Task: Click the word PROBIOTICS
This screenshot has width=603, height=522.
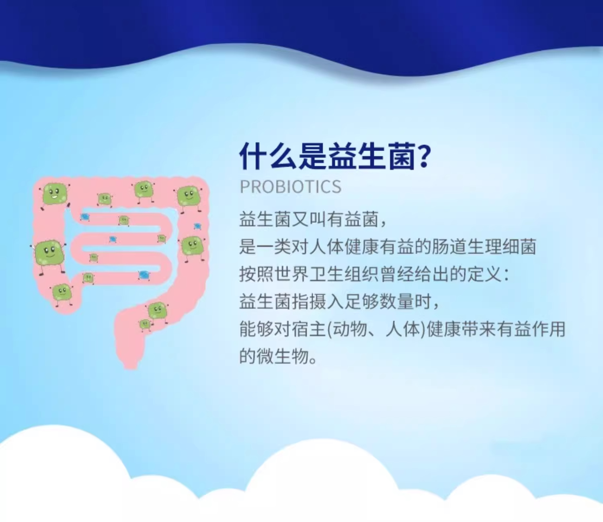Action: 290,187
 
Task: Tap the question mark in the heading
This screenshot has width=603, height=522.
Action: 423,156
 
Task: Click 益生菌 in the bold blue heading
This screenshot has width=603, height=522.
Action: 371,156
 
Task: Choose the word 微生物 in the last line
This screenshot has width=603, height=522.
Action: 283,356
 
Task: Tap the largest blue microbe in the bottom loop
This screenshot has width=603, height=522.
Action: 144,275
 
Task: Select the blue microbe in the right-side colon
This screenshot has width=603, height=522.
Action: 197,226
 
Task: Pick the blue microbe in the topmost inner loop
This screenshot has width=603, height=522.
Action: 85,217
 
